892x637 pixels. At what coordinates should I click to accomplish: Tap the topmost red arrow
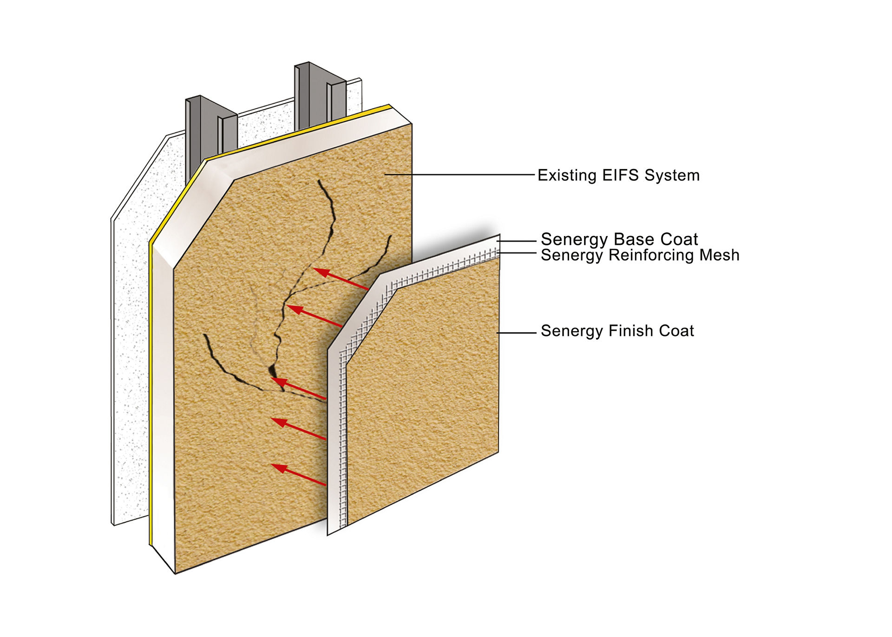(341, 279)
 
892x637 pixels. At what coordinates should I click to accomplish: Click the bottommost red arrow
(298, 474)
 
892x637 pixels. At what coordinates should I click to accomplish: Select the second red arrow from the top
(315, 316)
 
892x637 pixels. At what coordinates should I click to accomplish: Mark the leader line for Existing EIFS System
(459, 175)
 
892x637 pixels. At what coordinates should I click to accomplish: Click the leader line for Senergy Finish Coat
(516, 333)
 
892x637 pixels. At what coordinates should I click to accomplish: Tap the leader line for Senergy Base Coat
(516, 241)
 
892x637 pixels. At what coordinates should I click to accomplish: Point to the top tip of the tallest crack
(319, 181)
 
